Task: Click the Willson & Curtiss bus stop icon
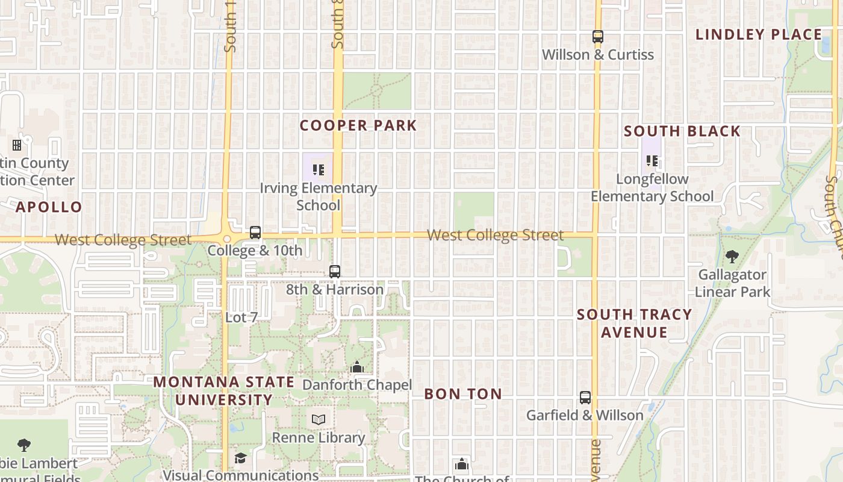(597, 37)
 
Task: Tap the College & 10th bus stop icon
(255, 232)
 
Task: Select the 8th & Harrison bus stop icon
(335, 272)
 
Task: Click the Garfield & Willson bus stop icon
(585, 398)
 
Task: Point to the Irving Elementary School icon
(319, 170)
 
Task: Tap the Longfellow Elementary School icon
(652, 161)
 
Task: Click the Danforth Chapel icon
(357, 367)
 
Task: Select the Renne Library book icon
(319, 419)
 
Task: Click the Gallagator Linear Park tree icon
(732, 257)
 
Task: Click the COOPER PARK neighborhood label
(358, 125)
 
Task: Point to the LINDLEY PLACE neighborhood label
(759, 34)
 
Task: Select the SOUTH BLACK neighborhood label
(682, 131)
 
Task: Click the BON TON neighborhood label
(463, 394)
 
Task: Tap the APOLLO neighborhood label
(49, 207)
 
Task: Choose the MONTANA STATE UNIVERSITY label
(224, 391)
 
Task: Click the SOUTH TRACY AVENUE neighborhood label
(634, 323)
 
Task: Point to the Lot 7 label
(241, 317)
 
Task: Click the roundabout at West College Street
(227, 239)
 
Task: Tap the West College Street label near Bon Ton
(495, 235)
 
